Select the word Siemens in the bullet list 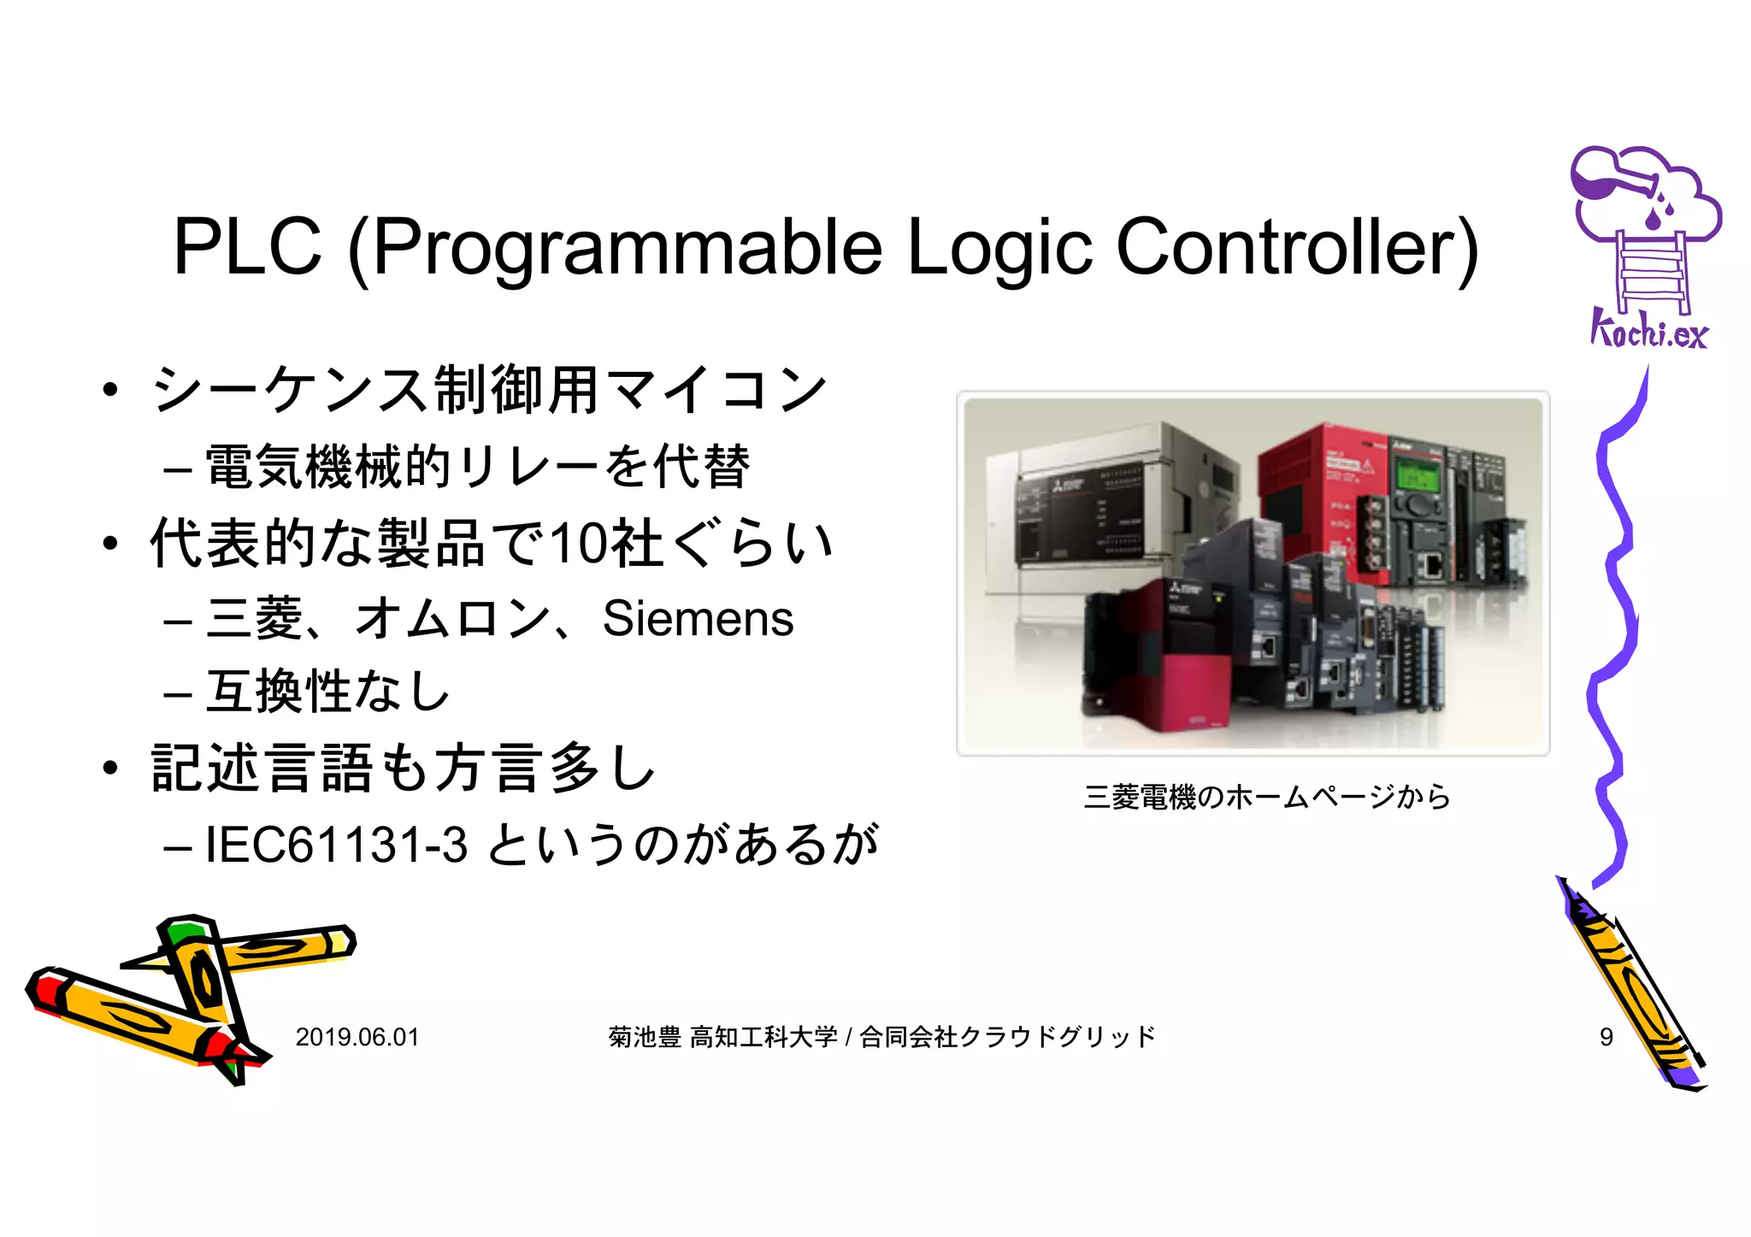(x=698, y=618)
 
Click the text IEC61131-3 (x=337, y=845)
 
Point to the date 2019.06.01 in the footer (x=357, y=1037)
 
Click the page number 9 (x=1606, y=1037)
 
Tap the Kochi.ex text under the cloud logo (x=1648, y=331)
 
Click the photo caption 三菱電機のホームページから (x=1267, y=797)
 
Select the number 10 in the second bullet (x=578, y=544)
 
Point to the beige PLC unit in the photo (x=1103, y=513)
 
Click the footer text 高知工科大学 (x=763, y=1037)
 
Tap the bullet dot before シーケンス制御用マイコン (x=109, y=391)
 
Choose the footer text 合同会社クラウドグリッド (x=1007, y=1037)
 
